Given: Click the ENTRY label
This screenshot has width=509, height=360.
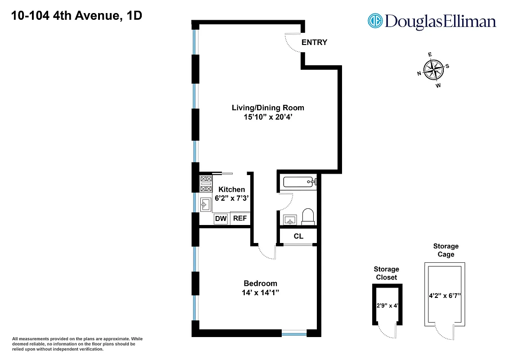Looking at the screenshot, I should tap(314, 42).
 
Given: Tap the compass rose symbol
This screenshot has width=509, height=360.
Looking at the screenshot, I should tap(433, 70).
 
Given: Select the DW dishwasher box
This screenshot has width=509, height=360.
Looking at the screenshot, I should tap(221, 219).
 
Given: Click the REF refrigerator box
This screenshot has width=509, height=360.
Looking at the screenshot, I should tap(240, 219).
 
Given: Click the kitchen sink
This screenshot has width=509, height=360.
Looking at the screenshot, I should tap(205, 205).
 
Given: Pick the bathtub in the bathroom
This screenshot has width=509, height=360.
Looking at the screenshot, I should tap(298, 182).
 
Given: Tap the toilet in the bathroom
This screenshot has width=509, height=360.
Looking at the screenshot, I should tap(308, 216).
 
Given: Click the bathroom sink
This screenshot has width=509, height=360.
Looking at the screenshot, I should tap(289, 220).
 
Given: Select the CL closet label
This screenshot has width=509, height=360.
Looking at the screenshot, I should tap(298, 236).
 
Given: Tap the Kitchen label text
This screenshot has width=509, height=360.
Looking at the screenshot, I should tap(232, 189).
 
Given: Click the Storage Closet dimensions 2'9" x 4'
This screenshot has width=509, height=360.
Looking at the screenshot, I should tap(387, 305).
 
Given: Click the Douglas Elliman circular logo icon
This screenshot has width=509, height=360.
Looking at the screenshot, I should tap(375, 21).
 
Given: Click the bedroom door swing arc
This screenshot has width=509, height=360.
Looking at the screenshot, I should tap(268, 253).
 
